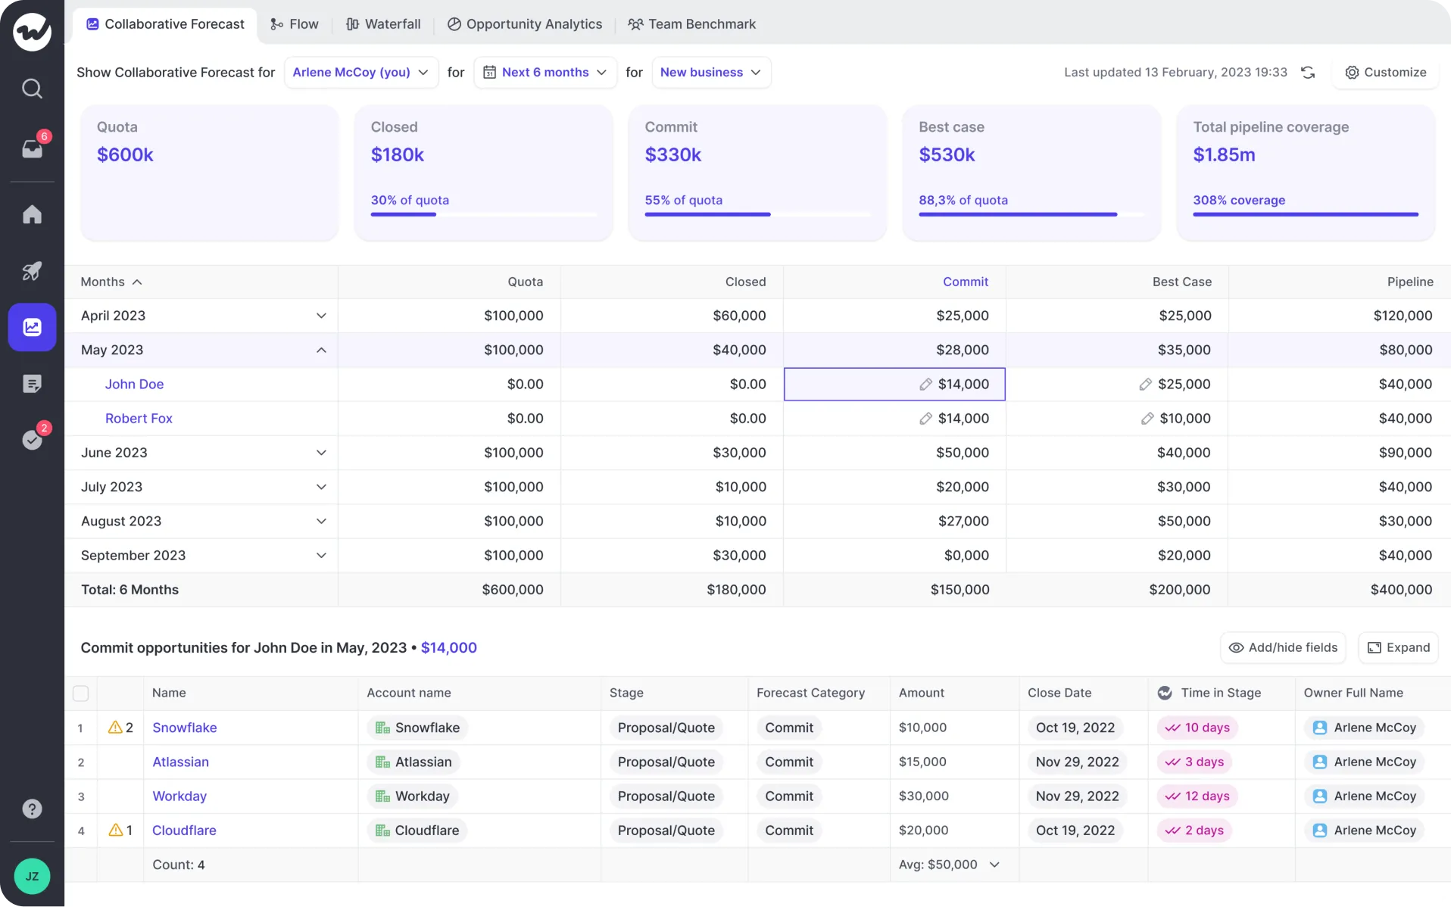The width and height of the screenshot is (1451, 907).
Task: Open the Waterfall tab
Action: pyautogui.click(x=383, y=24)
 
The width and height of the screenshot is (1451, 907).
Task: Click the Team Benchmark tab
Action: pyautogui.click(x=691, y=24)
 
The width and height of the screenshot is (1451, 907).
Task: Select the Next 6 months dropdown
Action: pyautogui.click(x=545, y=73)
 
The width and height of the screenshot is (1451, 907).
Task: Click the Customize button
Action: pyautogui.click(x=1385, y=73)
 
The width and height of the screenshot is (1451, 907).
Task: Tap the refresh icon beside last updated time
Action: pyautogui.click(x=1308, y=73)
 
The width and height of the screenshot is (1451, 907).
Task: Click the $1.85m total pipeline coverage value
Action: pyautogui.click(x=1224, y=155)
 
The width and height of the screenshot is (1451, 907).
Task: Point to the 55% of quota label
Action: pyautogui.click(x=683, y=201)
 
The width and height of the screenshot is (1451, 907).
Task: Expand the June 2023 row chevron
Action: pyautogui.click(x=321, y=453)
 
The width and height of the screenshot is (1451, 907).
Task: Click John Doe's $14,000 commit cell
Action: pyautogui.click(x=894, y=385)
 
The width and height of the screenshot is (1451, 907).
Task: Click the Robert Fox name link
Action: pyautogui.click(x=139, y=419)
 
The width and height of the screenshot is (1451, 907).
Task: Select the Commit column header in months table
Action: pyautogui.click(x=965, y=282)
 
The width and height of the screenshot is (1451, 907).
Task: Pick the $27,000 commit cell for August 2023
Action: pyautogui.click(x=962, y=522)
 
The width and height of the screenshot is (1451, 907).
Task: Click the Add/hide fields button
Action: pyautogui.click(x=1282, y=648)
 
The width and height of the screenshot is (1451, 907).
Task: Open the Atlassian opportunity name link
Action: pyautogui.click(x=180, y=762)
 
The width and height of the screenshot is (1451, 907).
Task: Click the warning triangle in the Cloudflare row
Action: pyautogui.click(x=115, y=831)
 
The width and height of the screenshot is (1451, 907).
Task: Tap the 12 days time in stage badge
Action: pyautogui.click(x=1197, y=796)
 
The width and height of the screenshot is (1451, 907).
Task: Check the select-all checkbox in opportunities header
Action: pyautogui.click(x=80, y=693)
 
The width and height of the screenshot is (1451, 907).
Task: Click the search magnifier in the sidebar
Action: pyautogui.click(x=32, y=89)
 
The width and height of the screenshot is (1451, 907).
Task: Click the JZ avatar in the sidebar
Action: pyautogui.click(x=32, y=877)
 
